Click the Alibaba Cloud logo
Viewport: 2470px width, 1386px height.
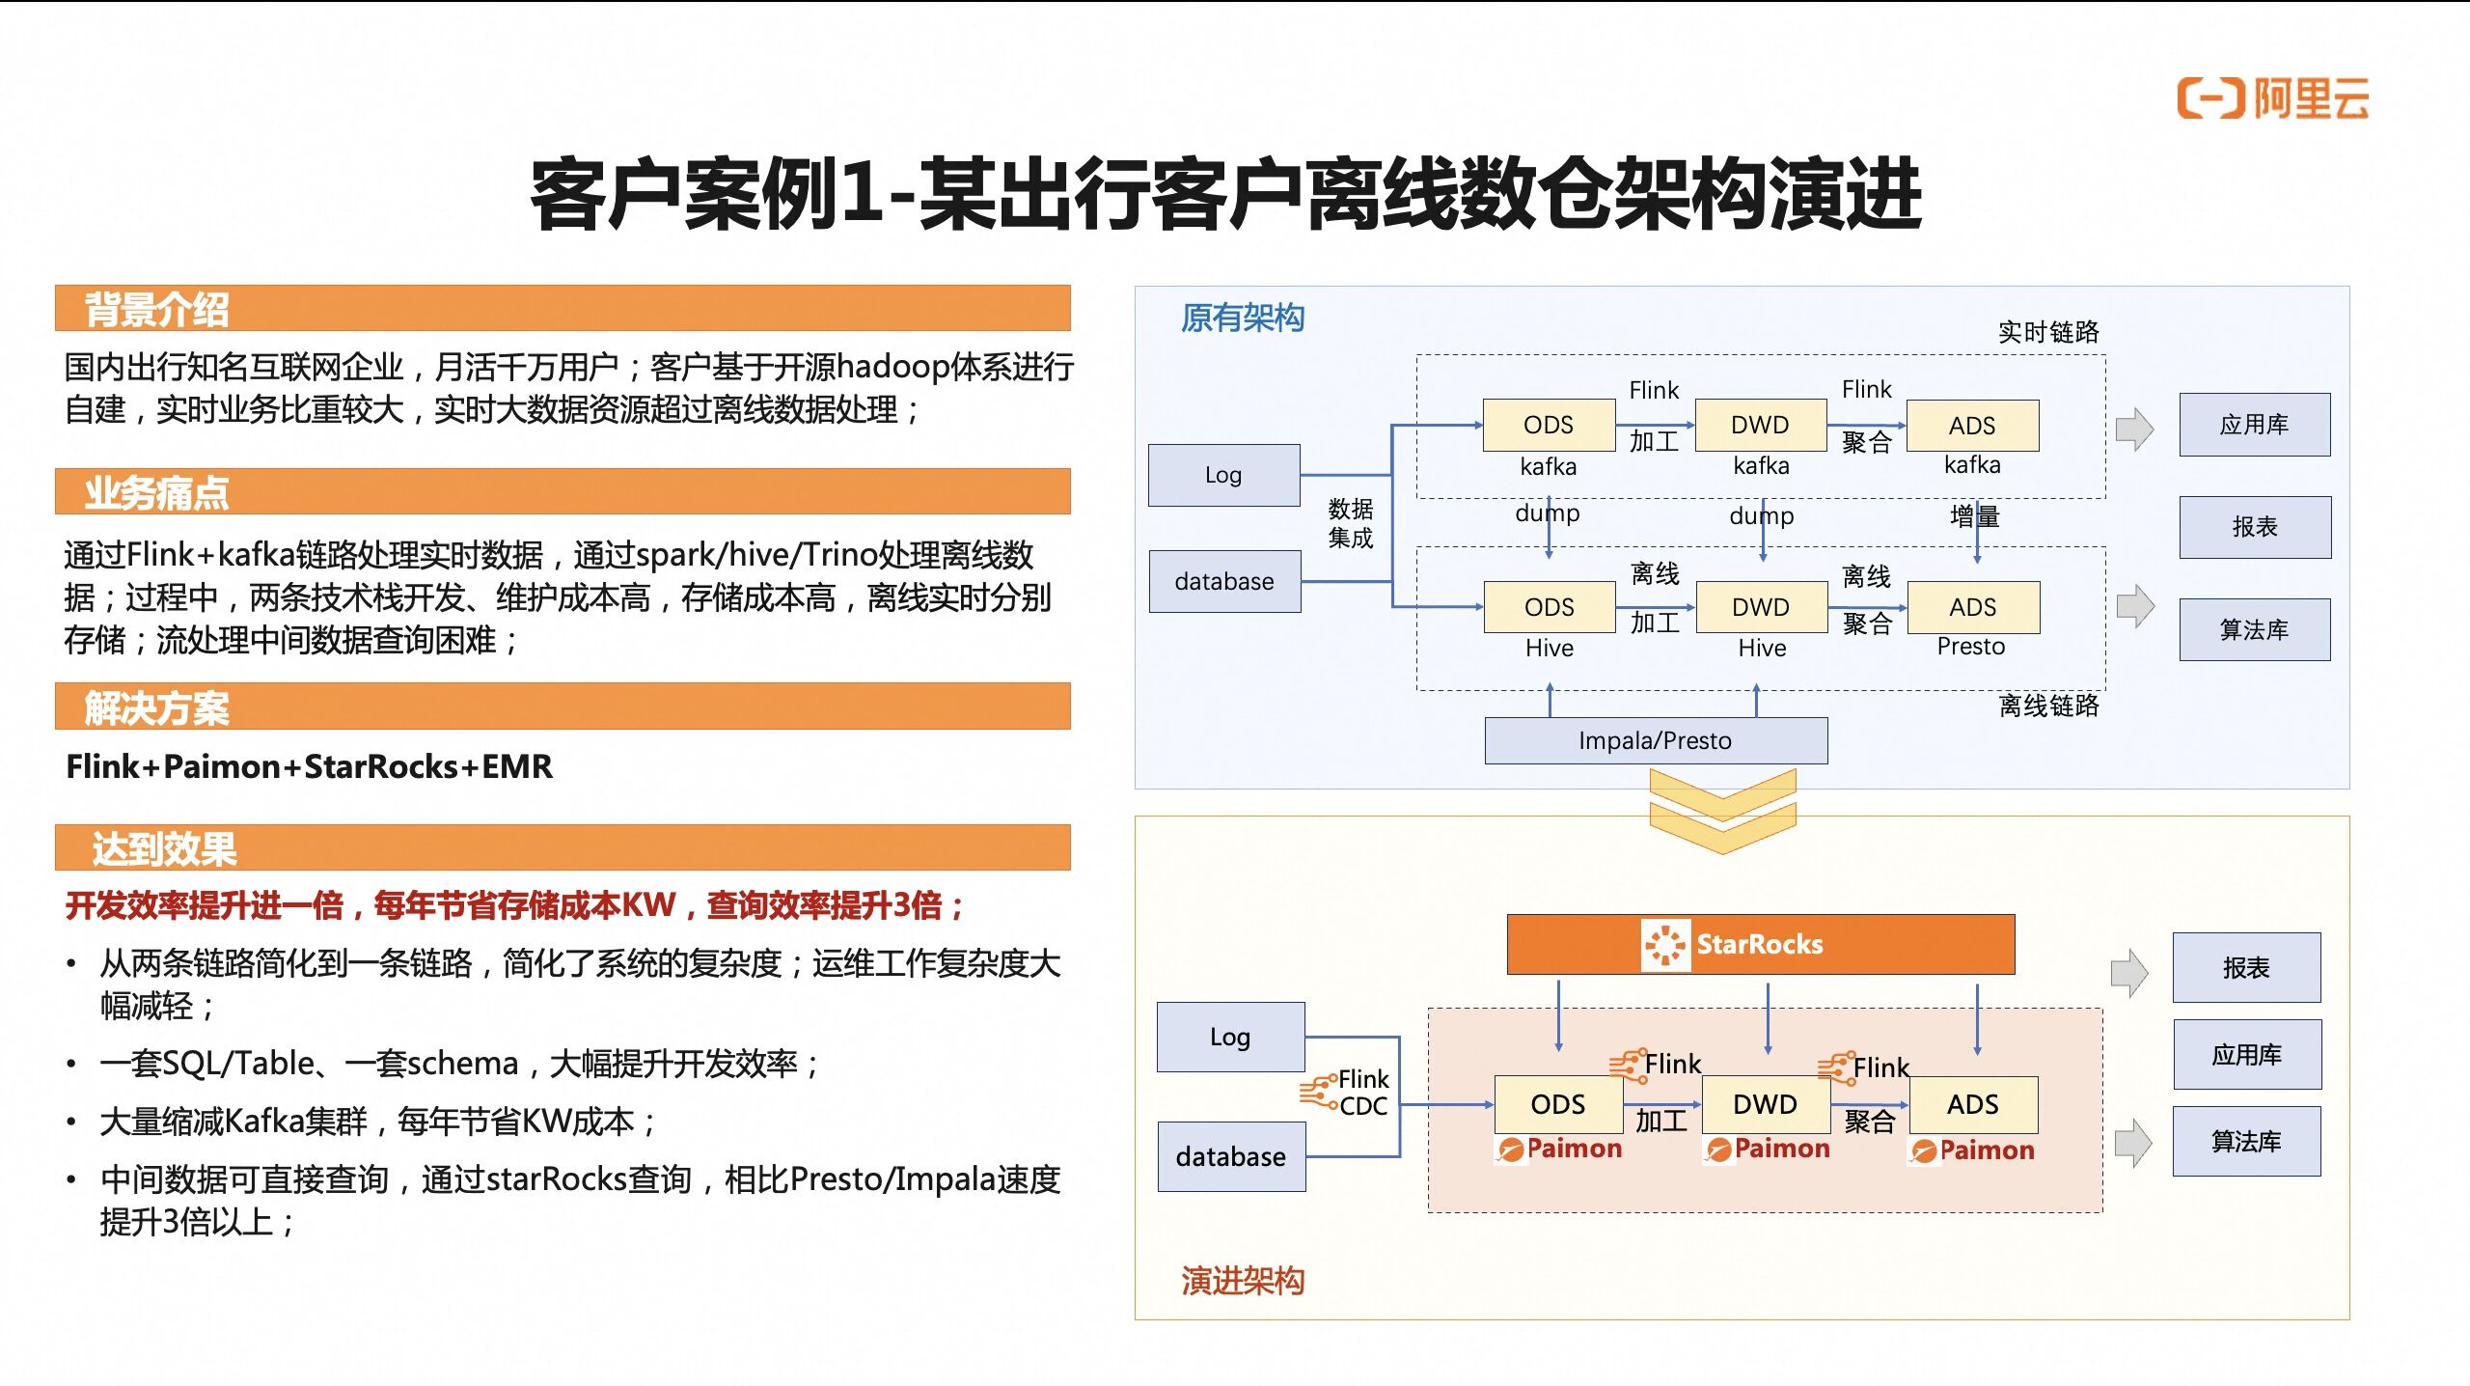pyautogui.click(x=2272, y=98)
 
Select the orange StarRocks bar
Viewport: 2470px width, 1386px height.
pyautogui.click(x=1760, y=944)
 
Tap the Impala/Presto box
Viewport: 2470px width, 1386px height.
pyautogui.click(x=1655, y=740)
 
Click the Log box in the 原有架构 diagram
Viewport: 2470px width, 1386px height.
pyautogui.click(x=1223, y=475)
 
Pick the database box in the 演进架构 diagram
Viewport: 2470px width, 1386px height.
pyautogui.click(x=1230, y=1156)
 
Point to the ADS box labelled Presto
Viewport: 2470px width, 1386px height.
pyautogui.click(x=1972, y=607)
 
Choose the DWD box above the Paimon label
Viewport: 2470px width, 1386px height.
pyautogui.click(x=1765, y=1104)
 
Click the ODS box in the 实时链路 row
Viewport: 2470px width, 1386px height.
pyautogui.click(x=1548, y=425)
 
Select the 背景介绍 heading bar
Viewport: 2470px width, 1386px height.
pyautogui.click(x=562, y=309)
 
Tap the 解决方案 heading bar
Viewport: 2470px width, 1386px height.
pyautogui.click(x=562, y=707)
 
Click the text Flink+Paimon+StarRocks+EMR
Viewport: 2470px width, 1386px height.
pyautogui.click(x=309, y=766)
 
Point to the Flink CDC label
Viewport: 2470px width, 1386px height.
pyautogui.click(x=1361, y=1092)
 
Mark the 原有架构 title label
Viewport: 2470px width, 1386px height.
pyautogui.click(x=1242, y=318)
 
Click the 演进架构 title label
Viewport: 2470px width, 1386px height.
pyautogui.click(x=1242, y=1281)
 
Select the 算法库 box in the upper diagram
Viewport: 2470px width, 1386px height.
pyautogui.click(x=2254, y=630)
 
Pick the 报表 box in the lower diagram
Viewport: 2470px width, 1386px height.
pyautogui.click(x=2245, y=967)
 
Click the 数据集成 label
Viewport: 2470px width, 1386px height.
pyautogui.click(x=1350, y=523)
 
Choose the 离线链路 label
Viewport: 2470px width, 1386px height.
pyautogui.click(x=2047, y=706)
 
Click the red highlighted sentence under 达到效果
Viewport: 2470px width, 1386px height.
pyautogui.click(x=514, y=905)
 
